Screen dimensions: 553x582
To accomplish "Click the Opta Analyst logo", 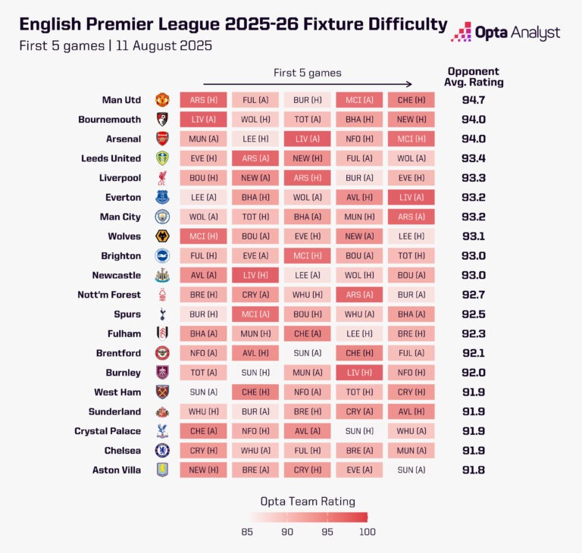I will click(x=505, y=33).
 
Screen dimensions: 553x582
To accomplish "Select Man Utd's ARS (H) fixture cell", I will click(x=203, y=100).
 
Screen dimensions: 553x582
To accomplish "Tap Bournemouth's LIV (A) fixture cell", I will click(x=203, y=120).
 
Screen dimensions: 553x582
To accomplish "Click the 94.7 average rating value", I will click(x=474, y=100).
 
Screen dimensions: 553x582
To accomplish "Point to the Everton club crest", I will click(x=162, y=197).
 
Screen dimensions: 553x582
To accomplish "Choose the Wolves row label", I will click(x=124, y=236).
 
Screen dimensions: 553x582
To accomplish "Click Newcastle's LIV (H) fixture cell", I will click(x=255, y=275).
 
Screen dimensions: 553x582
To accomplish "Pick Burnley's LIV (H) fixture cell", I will click(x=359, y=373).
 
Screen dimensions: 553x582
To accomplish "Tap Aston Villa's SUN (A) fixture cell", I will click(x=411, y=470).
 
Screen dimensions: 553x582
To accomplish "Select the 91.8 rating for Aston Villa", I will click(x=474, y=470).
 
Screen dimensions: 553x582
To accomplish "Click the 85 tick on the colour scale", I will click(x=248, y=532).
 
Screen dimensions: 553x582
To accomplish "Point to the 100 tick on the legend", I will click(x=368, y=532).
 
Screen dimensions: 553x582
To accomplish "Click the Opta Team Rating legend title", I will click(x=308, y=501).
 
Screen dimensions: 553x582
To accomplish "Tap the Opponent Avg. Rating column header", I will click(x=475, y=77).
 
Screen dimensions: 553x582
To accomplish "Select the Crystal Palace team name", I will click(x=108, y=431).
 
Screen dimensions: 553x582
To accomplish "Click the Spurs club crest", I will click(x=162, y=314).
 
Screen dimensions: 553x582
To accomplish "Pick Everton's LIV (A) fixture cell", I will click(x=411, y=197).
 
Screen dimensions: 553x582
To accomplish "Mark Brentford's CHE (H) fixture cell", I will click(x=359, y=353).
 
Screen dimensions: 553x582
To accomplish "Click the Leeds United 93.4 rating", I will click(x=474, y=158).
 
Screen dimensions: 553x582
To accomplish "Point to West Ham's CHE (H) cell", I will click(x=255, y=392).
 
